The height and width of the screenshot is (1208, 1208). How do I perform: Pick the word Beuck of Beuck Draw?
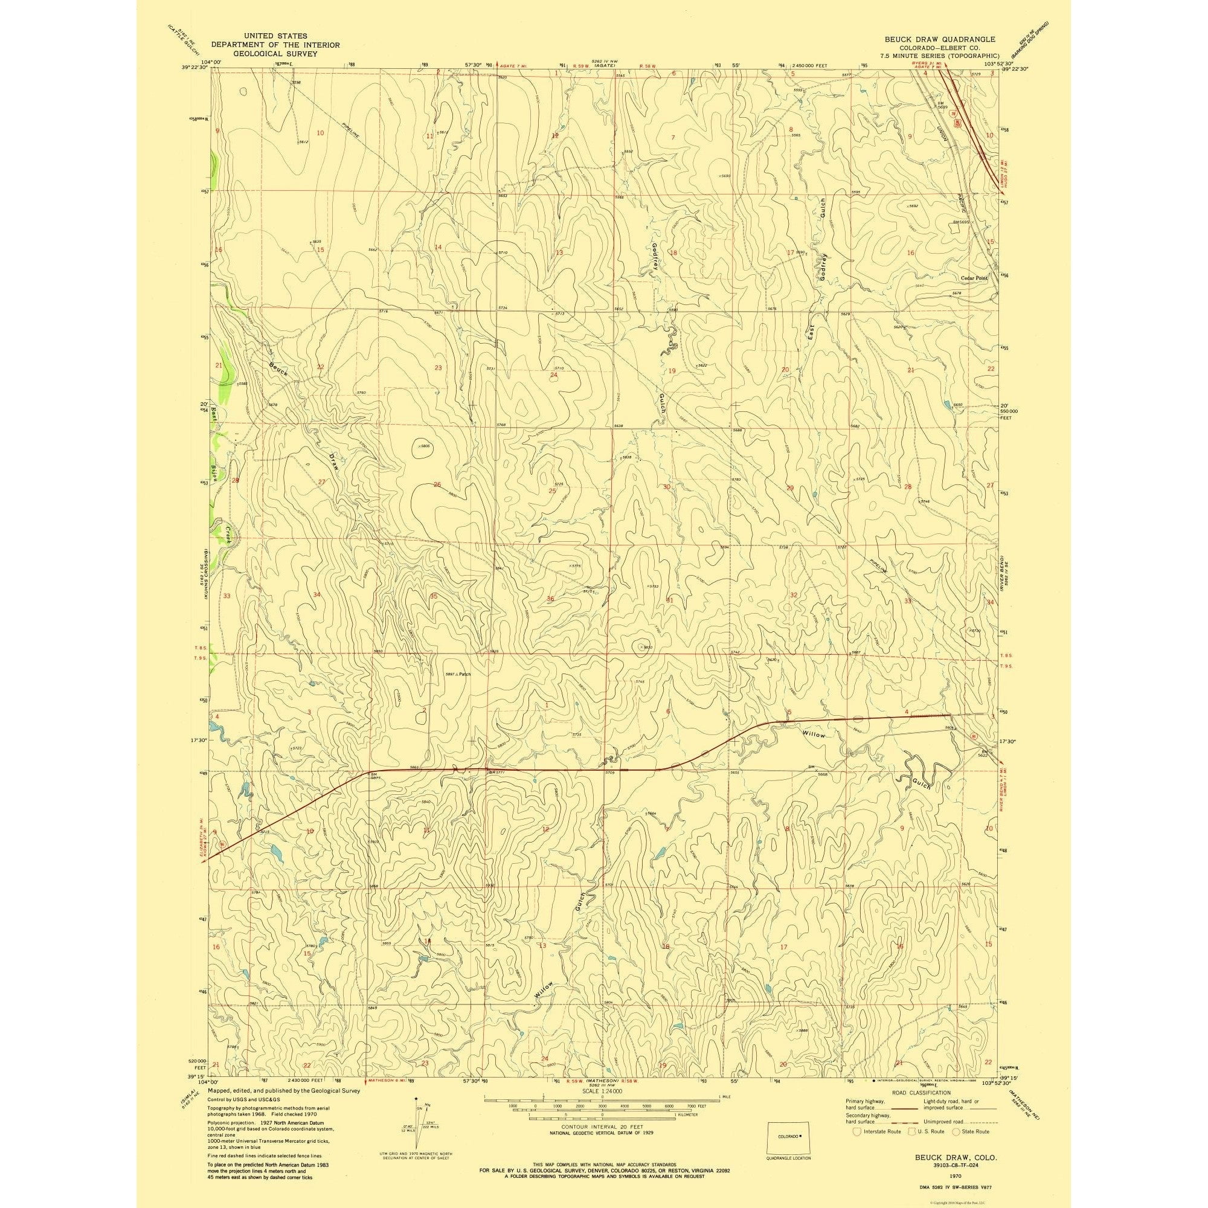tap(279, 369)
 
